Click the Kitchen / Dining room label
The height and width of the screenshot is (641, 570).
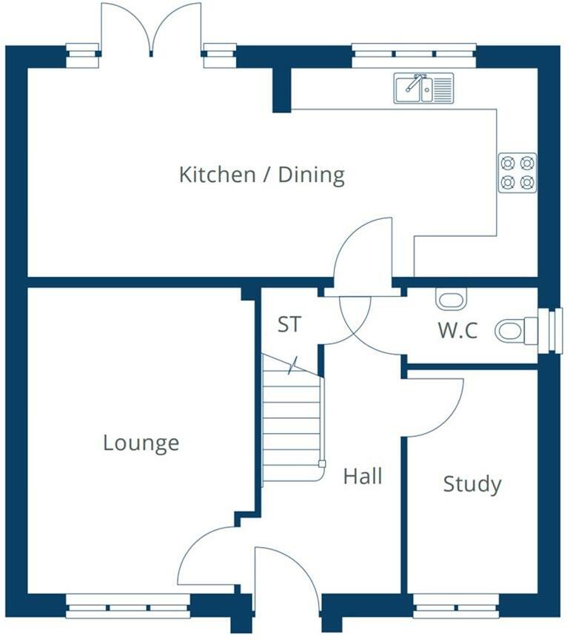[262, 175]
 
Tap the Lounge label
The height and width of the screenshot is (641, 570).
[141, 443]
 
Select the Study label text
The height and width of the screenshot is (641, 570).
[472, 484]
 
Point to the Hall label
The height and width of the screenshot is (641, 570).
[363, 476]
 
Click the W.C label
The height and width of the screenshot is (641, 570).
[457, 330]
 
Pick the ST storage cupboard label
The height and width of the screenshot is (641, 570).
[289, 324]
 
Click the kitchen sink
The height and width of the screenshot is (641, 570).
[423, 88]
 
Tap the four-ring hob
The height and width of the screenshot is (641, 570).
[517, 173]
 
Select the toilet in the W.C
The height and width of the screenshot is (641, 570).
[516, 330]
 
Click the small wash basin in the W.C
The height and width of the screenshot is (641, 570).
[451, 298]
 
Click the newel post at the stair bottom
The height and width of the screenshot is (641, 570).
[322, 463]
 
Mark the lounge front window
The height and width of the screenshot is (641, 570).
[128, 606]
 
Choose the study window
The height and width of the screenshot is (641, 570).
[456, 606]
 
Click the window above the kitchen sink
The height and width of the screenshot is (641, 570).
[414, 56]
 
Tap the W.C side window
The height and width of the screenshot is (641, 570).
[549, 330]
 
